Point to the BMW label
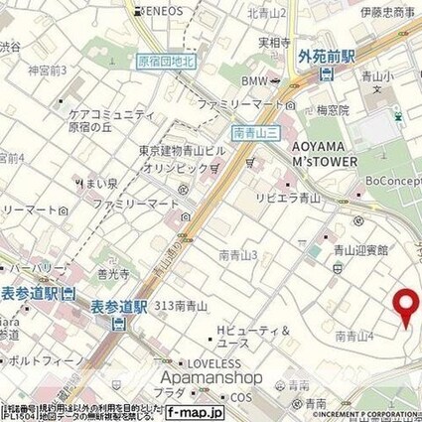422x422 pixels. [x=256, y=79]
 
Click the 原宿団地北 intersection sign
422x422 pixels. [x=165, y=61]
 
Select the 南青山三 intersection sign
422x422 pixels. [x=252, y=131]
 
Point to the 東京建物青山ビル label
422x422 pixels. [x=182, y=151]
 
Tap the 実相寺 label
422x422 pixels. [x=272, y=43]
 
